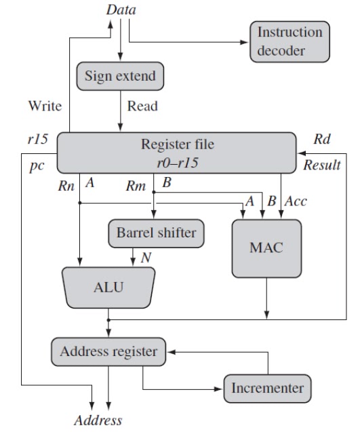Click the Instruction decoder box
(x=289, y=41)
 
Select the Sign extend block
(x=120, y=76)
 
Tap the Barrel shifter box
(x=156, y=233)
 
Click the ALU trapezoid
(x=108, y=288)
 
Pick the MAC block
(x=266, y=248)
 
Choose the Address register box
(x=108, y=351)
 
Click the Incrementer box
(x=267, y=388)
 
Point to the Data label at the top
(x=121, y=10)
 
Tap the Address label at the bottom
(x=98, y=420)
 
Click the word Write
(x=45, y=106)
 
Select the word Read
(x=142, y=106)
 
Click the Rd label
(x=322, y=139)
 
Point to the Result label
(x=322, y=165)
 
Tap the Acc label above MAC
(x=296, y=201)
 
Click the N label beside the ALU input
(x=146, y=258)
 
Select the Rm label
(x=136, y=186)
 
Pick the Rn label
(x=66, y=186)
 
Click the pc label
(x=37, y=166)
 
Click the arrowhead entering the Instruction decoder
(x=244, y=42)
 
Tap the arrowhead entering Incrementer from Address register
(x=218, y=389)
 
